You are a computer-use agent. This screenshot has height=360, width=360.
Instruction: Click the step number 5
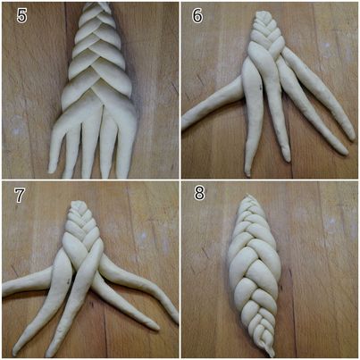21,15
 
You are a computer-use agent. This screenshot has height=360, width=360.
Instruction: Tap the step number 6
197,15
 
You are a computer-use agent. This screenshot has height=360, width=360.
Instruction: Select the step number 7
20,195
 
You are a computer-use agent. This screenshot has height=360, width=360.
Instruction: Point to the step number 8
199,193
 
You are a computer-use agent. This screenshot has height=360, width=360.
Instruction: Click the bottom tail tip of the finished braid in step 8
272,355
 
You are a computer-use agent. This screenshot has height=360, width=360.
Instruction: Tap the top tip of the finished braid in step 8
248,196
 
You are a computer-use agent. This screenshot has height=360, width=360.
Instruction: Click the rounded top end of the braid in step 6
262,13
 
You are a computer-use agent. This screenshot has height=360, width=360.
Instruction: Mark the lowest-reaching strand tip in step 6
247,174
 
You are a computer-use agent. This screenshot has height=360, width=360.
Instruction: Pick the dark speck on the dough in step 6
261,88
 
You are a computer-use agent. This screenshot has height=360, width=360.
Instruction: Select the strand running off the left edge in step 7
27,281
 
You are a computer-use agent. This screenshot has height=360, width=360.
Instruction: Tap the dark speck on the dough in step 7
69,280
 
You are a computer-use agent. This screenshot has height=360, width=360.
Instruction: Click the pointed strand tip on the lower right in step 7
156,327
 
